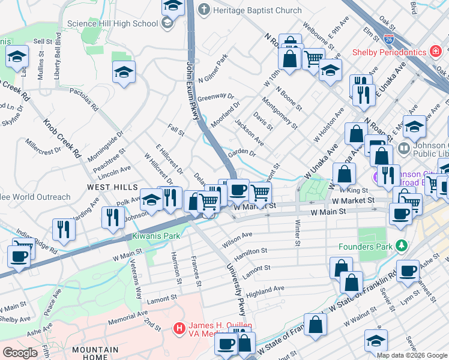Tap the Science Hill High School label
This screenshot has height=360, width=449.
[x=112, y=24]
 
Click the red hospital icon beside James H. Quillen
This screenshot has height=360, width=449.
[x=178, y=328]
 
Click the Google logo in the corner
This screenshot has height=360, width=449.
[x=20, y=353]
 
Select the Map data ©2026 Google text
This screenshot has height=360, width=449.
[x=412, y=355]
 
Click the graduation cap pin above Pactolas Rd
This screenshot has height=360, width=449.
[x=124, y=72]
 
